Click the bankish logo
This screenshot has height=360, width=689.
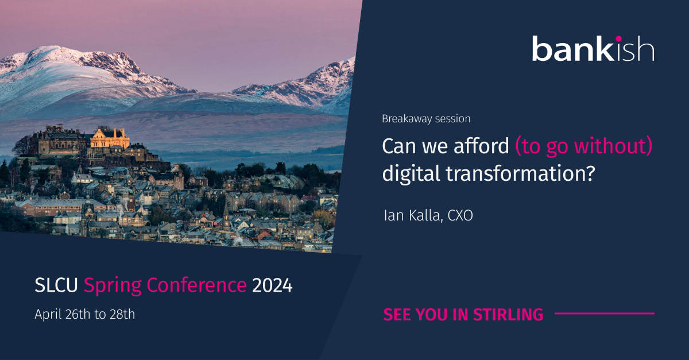[593, 49]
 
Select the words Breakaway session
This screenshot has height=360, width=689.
[426, 119]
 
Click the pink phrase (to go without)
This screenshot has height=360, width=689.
[584, 147]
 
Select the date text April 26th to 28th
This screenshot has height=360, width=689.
[85, 315]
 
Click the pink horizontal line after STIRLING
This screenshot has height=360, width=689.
[604, 313]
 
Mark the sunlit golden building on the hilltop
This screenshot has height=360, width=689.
[109, 138]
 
